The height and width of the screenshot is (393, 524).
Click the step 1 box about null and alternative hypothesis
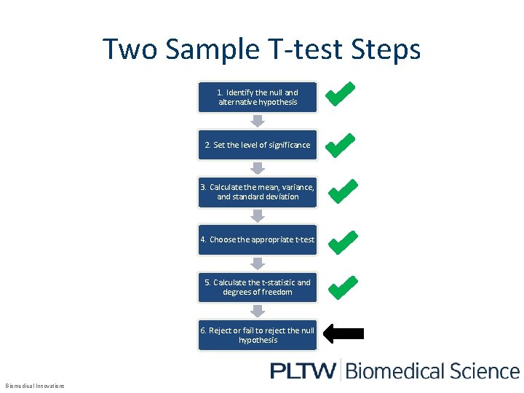(258, 98)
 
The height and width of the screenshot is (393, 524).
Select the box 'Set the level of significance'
(258, 145)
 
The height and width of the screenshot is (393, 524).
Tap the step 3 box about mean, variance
(258, 191)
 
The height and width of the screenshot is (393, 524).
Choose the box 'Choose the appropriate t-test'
(258, 239)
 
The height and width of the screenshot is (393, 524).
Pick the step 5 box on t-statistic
(258, 287)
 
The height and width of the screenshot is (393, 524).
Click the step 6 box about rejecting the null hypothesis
(258, 335)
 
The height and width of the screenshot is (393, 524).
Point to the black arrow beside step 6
(343, 334)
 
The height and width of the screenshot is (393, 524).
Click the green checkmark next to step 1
(341, 93)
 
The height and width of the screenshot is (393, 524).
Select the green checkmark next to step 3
(341, 191)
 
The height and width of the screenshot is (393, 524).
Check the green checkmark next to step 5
(341, 287)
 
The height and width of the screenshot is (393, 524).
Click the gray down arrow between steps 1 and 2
(258, 121)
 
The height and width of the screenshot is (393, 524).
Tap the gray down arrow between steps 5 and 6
(258, 311)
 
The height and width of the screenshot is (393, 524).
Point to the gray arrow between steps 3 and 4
(258, 216)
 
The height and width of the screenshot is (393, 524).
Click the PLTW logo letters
(302, 371)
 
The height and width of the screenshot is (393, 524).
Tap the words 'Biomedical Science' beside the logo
(432, 371)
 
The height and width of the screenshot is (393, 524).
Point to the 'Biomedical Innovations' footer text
(35, 386)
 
